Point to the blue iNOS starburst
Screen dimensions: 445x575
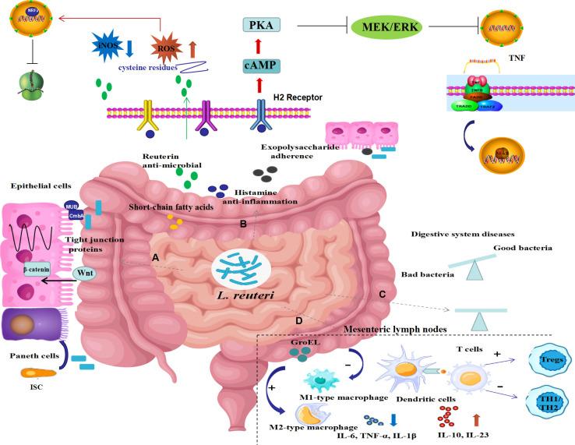point(107,45)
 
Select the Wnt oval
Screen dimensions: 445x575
point(85,274)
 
